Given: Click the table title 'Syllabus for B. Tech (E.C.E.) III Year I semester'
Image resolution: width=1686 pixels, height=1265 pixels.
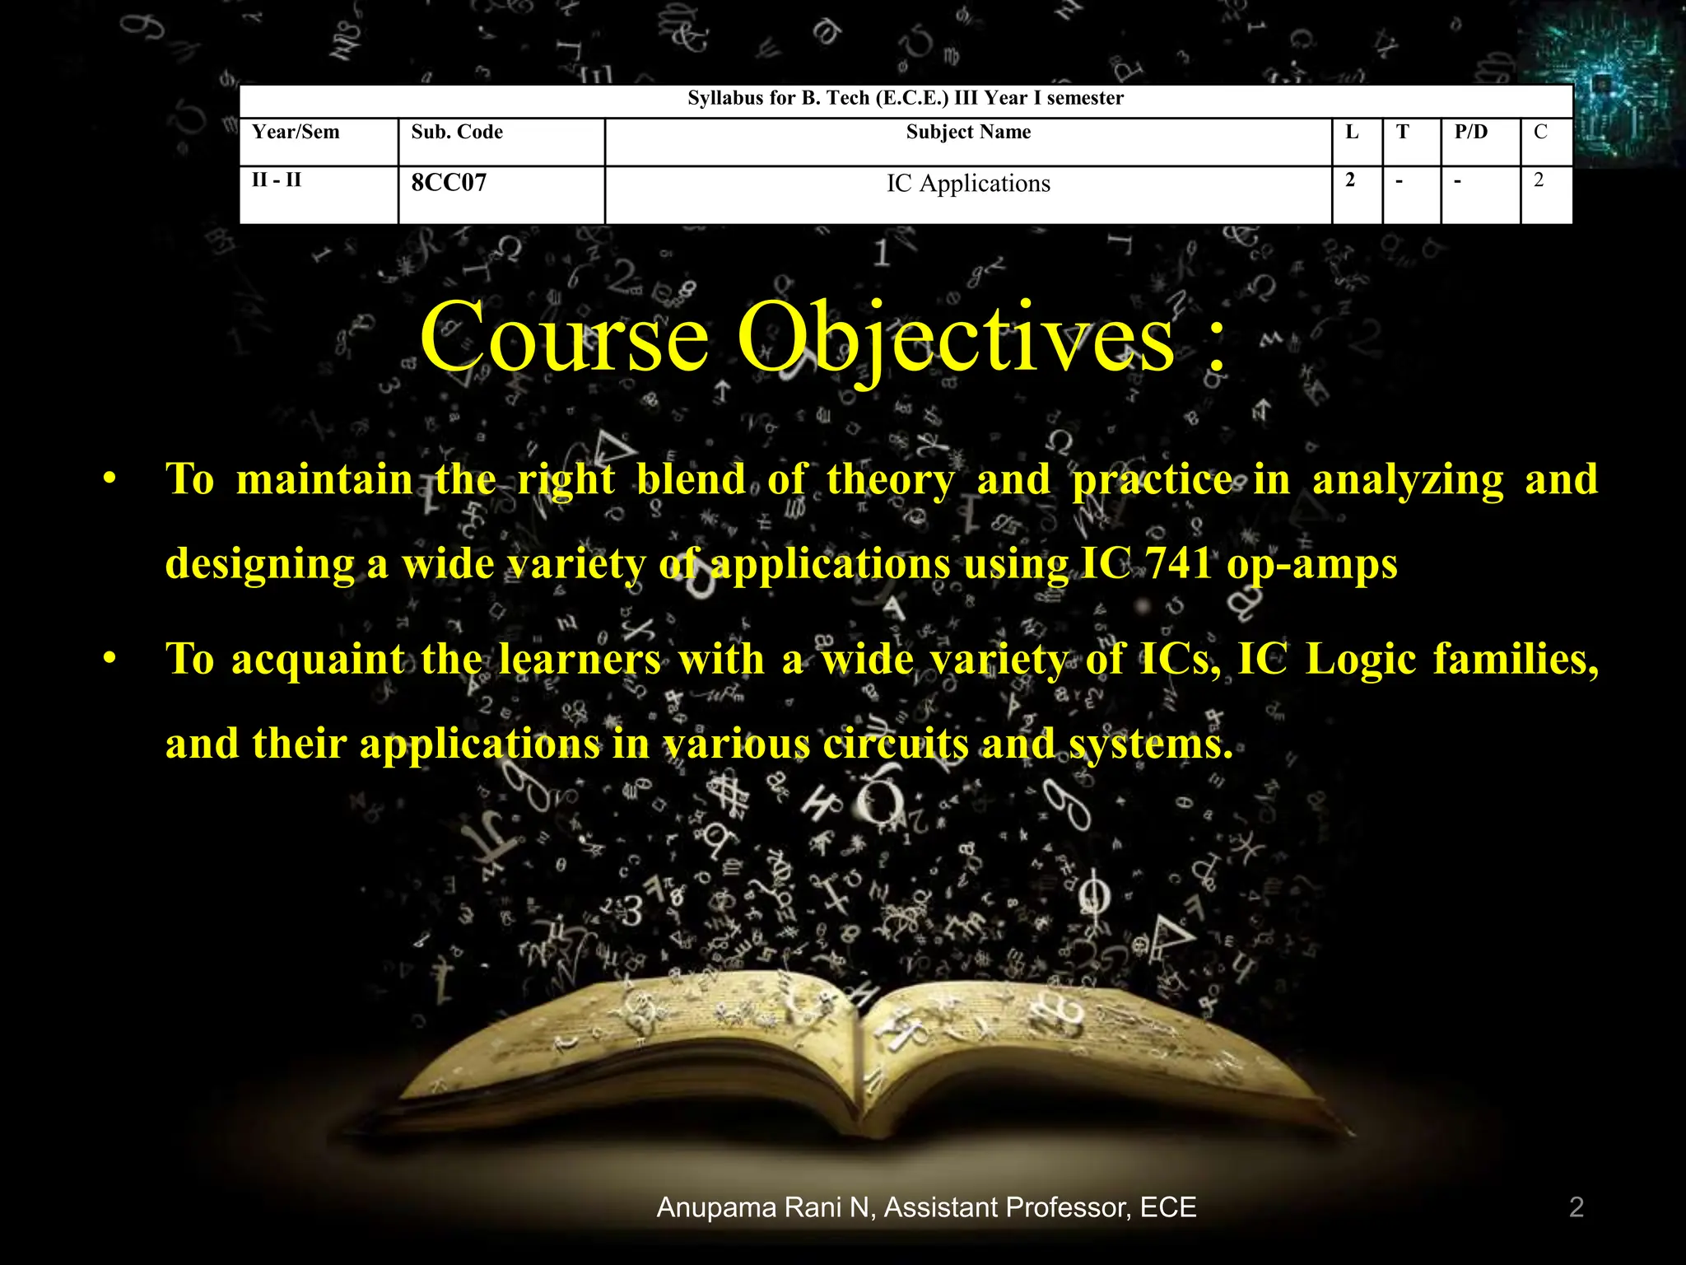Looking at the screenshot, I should click(x=906, y=99).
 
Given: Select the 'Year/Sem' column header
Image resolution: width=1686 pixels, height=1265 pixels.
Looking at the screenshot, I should click(x=296, y=133).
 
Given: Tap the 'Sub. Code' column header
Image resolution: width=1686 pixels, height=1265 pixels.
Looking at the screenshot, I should click(x=457, y=133).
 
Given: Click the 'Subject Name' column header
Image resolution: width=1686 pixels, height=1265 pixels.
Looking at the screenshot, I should click(x=968, y=133).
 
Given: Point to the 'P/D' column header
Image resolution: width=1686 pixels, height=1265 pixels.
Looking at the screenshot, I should click(x=1470, y=133).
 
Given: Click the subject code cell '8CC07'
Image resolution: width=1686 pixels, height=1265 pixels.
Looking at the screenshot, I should click(x=449, y=183).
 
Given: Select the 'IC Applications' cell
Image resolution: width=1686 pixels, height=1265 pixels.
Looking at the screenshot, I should click(x=968, y=184).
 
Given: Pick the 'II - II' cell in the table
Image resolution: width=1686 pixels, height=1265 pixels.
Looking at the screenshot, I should click(x=277, y=180).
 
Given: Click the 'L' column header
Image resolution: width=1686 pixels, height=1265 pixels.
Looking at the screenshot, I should click(x=1352, y=133).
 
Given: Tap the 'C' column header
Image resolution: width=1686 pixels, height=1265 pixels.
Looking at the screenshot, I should click(x=1540, y=133).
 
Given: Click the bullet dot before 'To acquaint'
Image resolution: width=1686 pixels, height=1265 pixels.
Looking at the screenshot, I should click(x=109, y=659).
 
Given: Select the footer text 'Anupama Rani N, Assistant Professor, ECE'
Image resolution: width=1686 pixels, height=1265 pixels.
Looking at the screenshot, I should click(x=926, y=1207).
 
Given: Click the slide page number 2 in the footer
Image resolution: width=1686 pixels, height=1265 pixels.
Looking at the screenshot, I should click(x=1577, y=1207).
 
